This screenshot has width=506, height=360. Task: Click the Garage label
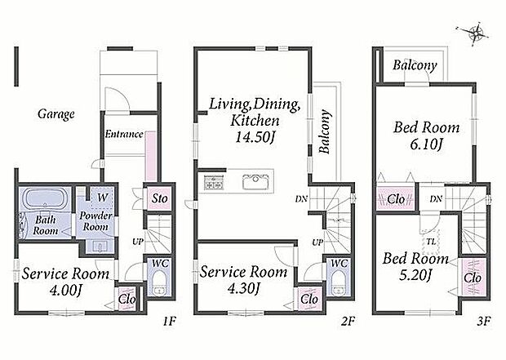56,114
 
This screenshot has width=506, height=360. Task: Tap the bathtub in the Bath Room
47,198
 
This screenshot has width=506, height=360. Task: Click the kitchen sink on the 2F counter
255,182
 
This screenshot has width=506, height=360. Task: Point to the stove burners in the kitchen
213,182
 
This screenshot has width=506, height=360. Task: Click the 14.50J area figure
255,138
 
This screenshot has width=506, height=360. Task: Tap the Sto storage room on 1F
159,198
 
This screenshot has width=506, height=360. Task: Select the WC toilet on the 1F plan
159,282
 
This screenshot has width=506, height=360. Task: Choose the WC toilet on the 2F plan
338,282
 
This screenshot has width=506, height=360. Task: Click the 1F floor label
169,322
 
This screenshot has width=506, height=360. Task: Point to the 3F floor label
483,322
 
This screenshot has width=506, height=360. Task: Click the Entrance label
124,134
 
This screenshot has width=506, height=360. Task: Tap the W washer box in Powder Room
102,198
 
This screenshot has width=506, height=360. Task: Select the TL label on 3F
431,241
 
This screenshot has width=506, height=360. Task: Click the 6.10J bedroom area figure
426,144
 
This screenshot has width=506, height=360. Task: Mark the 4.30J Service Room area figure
243,289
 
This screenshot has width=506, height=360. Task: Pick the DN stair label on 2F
301,199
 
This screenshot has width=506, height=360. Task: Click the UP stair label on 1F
138,241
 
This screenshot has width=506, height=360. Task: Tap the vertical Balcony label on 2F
324,131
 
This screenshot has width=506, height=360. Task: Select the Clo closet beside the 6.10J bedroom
396,199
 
